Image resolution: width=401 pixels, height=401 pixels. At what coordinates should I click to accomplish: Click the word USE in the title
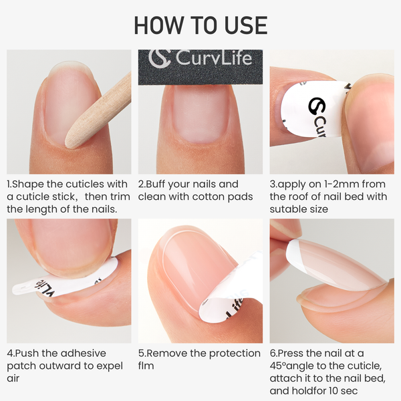243,25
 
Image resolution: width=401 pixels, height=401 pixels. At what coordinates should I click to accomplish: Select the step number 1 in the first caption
9,184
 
